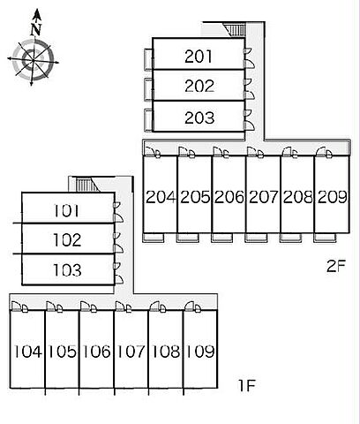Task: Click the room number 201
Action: [199, 57]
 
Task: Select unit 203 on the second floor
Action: [199, 117]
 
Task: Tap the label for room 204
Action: [161, 197]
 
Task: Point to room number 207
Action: [263, 197]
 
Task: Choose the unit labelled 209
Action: [333, 197]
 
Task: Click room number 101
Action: [66, 210]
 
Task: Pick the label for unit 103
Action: [67, 270]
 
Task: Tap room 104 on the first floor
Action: [27, 351]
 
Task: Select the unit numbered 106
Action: [96, 351]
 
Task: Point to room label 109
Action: [200, 351]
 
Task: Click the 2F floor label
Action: [337, 266]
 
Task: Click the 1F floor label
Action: [246, 385]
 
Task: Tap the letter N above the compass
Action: [36, 29]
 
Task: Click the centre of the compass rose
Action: [33, 61]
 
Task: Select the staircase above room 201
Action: [235, 30]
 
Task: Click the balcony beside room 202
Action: [149, 90]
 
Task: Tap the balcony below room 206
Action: [222, 238]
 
